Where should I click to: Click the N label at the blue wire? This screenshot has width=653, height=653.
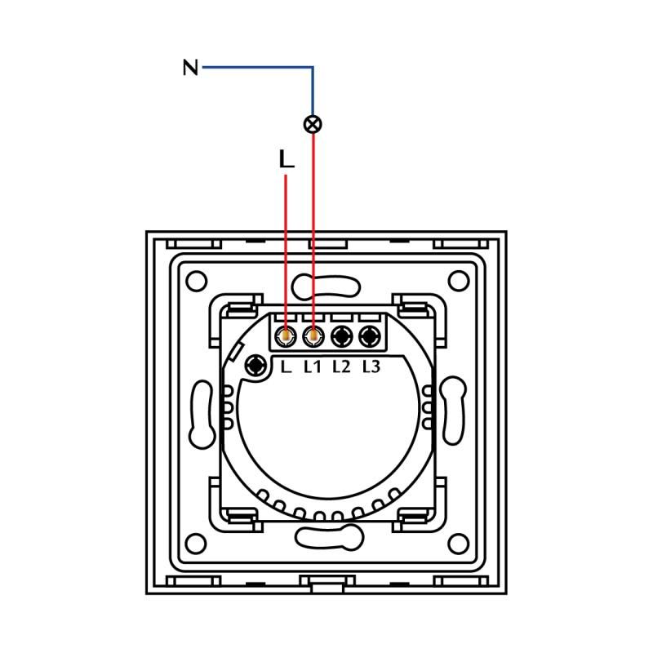[x=190, y=67]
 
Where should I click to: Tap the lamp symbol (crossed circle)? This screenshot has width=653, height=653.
[x=313, y=124]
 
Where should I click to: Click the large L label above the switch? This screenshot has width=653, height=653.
[x=286, y=160]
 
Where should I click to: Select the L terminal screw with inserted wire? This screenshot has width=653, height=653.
[x=286, y=335]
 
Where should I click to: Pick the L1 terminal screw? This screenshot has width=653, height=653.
[x=313, y=335]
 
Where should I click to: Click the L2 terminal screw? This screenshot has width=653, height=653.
[x=341, y=335]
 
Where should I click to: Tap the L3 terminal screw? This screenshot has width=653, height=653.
[x=370, y=335]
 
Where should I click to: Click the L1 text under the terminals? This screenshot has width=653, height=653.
[x=313, y=366]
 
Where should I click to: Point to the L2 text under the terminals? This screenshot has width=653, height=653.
[x=341, y=366]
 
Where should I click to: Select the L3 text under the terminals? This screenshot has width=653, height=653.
[x=371, y=366]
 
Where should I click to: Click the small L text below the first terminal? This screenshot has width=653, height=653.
[x=285, y=366]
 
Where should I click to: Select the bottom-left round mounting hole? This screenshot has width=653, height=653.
[x=197, y=543]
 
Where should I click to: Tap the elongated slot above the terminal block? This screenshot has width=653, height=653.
[x=326, y=287]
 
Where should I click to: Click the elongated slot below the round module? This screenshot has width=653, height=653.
[x=326, y=537]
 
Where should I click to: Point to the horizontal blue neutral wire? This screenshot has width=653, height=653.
[x=257, y=67]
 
